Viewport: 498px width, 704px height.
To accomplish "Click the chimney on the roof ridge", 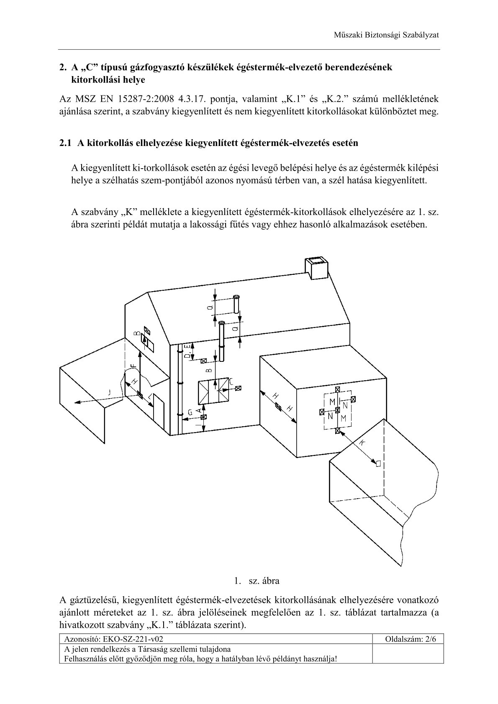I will coord(316,268).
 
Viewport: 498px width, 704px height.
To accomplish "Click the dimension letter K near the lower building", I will coord(362,443).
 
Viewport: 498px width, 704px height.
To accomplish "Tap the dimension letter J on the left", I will coord(109,392).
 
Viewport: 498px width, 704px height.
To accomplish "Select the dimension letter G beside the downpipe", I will coord(190,412).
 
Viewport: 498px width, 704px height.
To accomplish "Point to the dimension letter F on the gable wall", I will coord(133,365).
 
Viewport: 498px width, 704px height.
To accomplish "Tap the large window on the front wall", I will coord(213,392).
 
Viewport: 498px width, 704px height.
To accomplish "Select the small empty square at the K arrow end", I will coord(378,463).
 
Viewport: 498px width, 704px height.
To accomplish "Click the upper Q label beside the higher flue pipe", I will coord(210,308).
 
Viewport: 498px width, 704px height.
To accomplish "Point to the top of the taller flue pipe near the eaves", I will coord(222,323).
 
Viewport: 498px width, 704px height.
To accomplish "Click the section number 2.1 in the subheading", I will coord(66,143).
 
